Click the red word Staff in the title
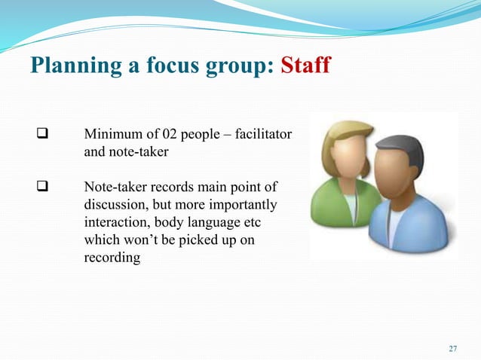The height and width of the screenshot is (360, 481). (305, 66)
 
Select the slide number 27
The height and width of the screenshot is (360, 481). (452, 348)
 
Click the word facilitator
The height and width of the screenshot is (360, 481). (262, 136)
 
